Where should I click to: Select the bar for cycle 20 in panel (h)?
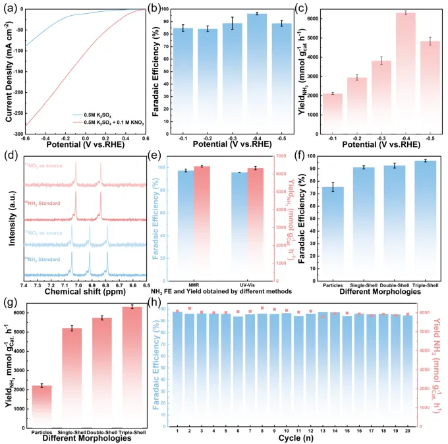click(408, 369)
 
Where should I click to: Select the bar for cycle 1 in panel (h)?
click(177, 369)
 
